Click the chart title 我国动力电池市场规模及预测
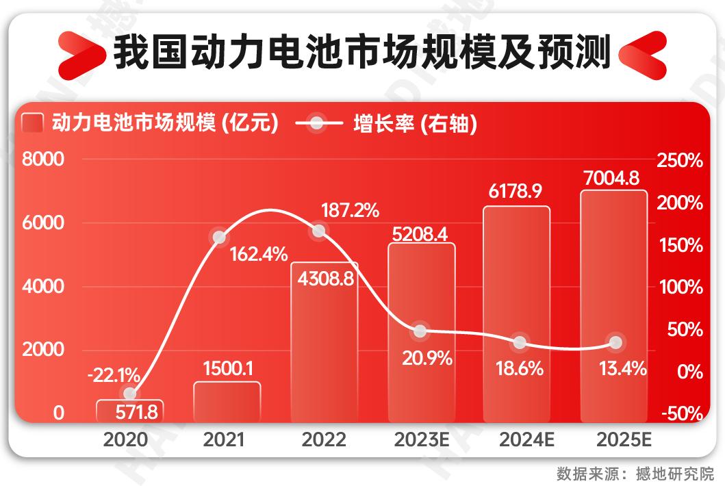(361, 53)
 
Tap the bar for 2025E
(613, 305)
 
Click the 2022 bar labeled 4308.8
(325, 342)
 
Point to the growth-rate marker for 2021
(219, 238)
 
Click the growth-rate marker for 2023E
(420, 331)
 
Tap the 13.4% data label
(622, 370)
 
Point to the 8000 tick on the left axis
(42, 160)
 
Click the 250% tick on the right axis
(680, 161)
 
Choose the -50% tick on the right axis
(680, 414)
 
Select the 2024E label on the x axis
(520, 439)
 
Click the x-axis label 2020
(125, 439)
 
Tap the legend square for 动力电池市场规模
(33, 125)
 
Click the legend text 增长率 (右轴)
(415, 124)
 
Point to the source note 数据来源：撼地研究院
(635, 473)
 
